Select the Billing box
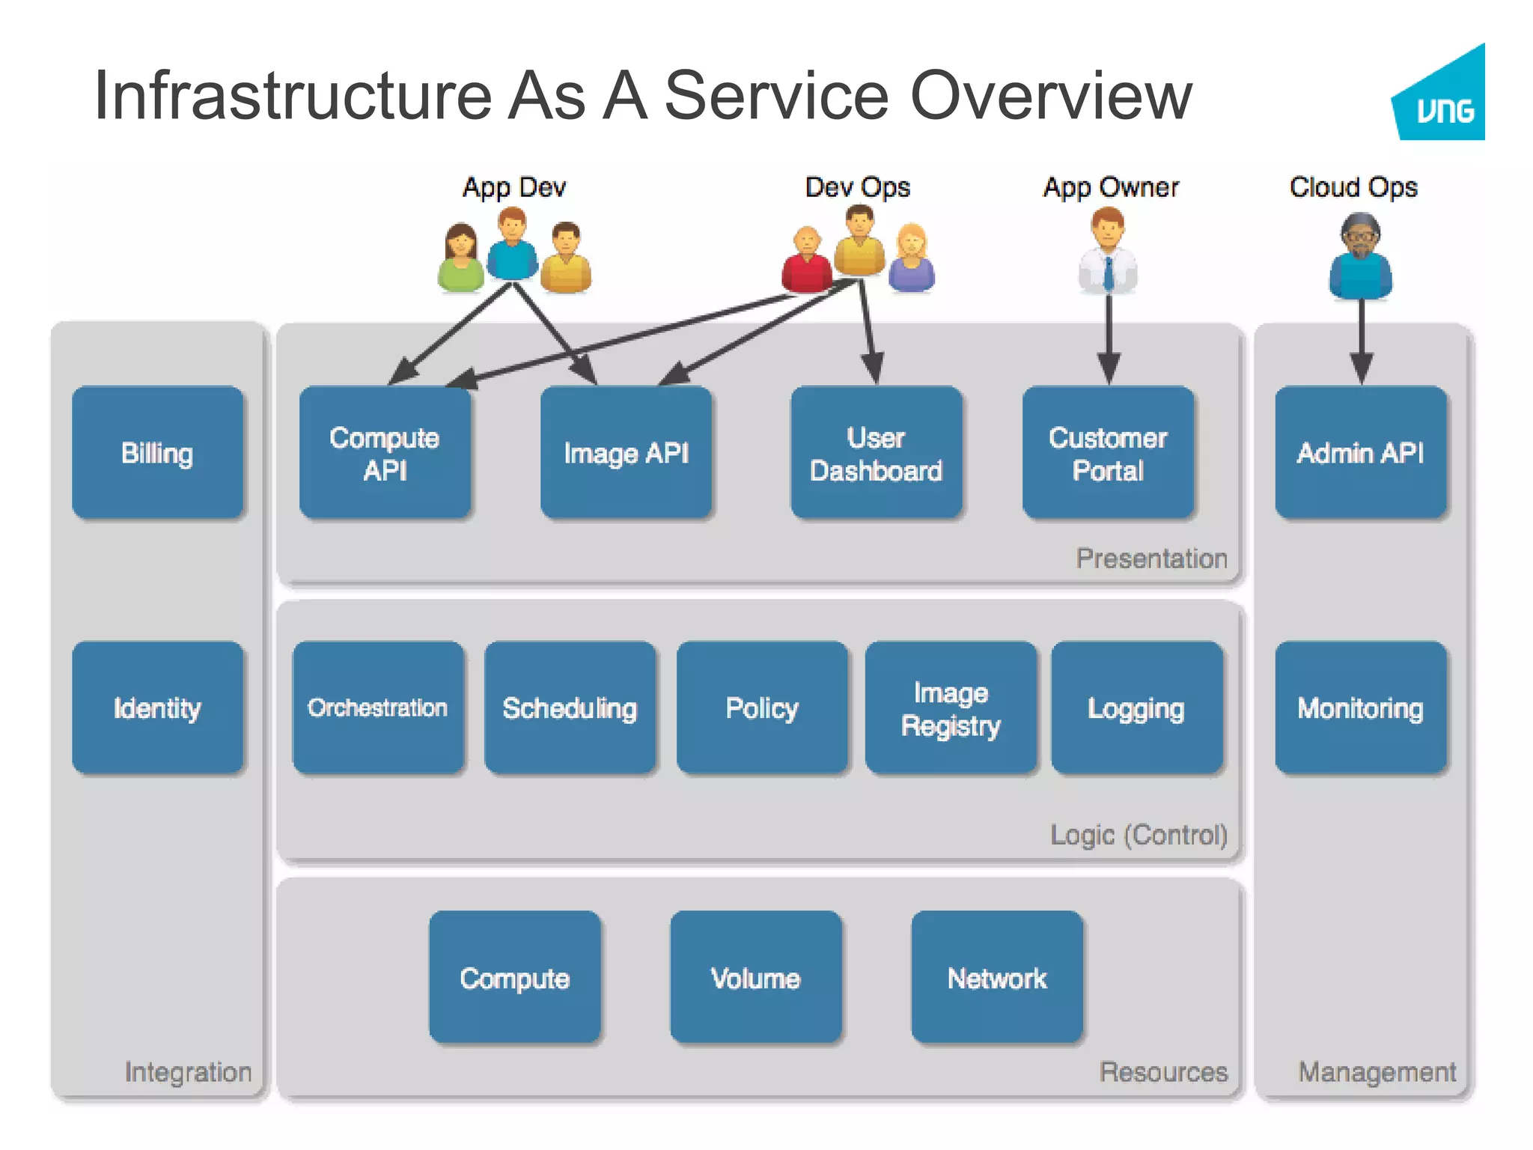[x=158, y=452]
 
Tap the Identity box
[x=158, y=707]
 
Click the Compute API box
[x=385, y=452]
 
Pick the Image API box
[x=626, y=452]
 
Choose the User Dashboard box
[x=876, y=452]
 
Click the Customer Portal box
[x=1108, y=452]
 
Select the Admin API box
[x=1360, y=452]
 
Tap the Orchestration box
[x=378, y=707]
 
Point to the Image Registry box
[x=951, y=707]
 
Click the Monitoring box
[x=1360, y=707]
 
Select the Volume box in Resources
[x=756, y=977]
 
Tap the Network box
[x=997, y=977]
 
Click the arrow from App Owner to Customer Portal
[x=1109, y=337]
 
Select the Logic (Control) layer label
[x=1138, y=834]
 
